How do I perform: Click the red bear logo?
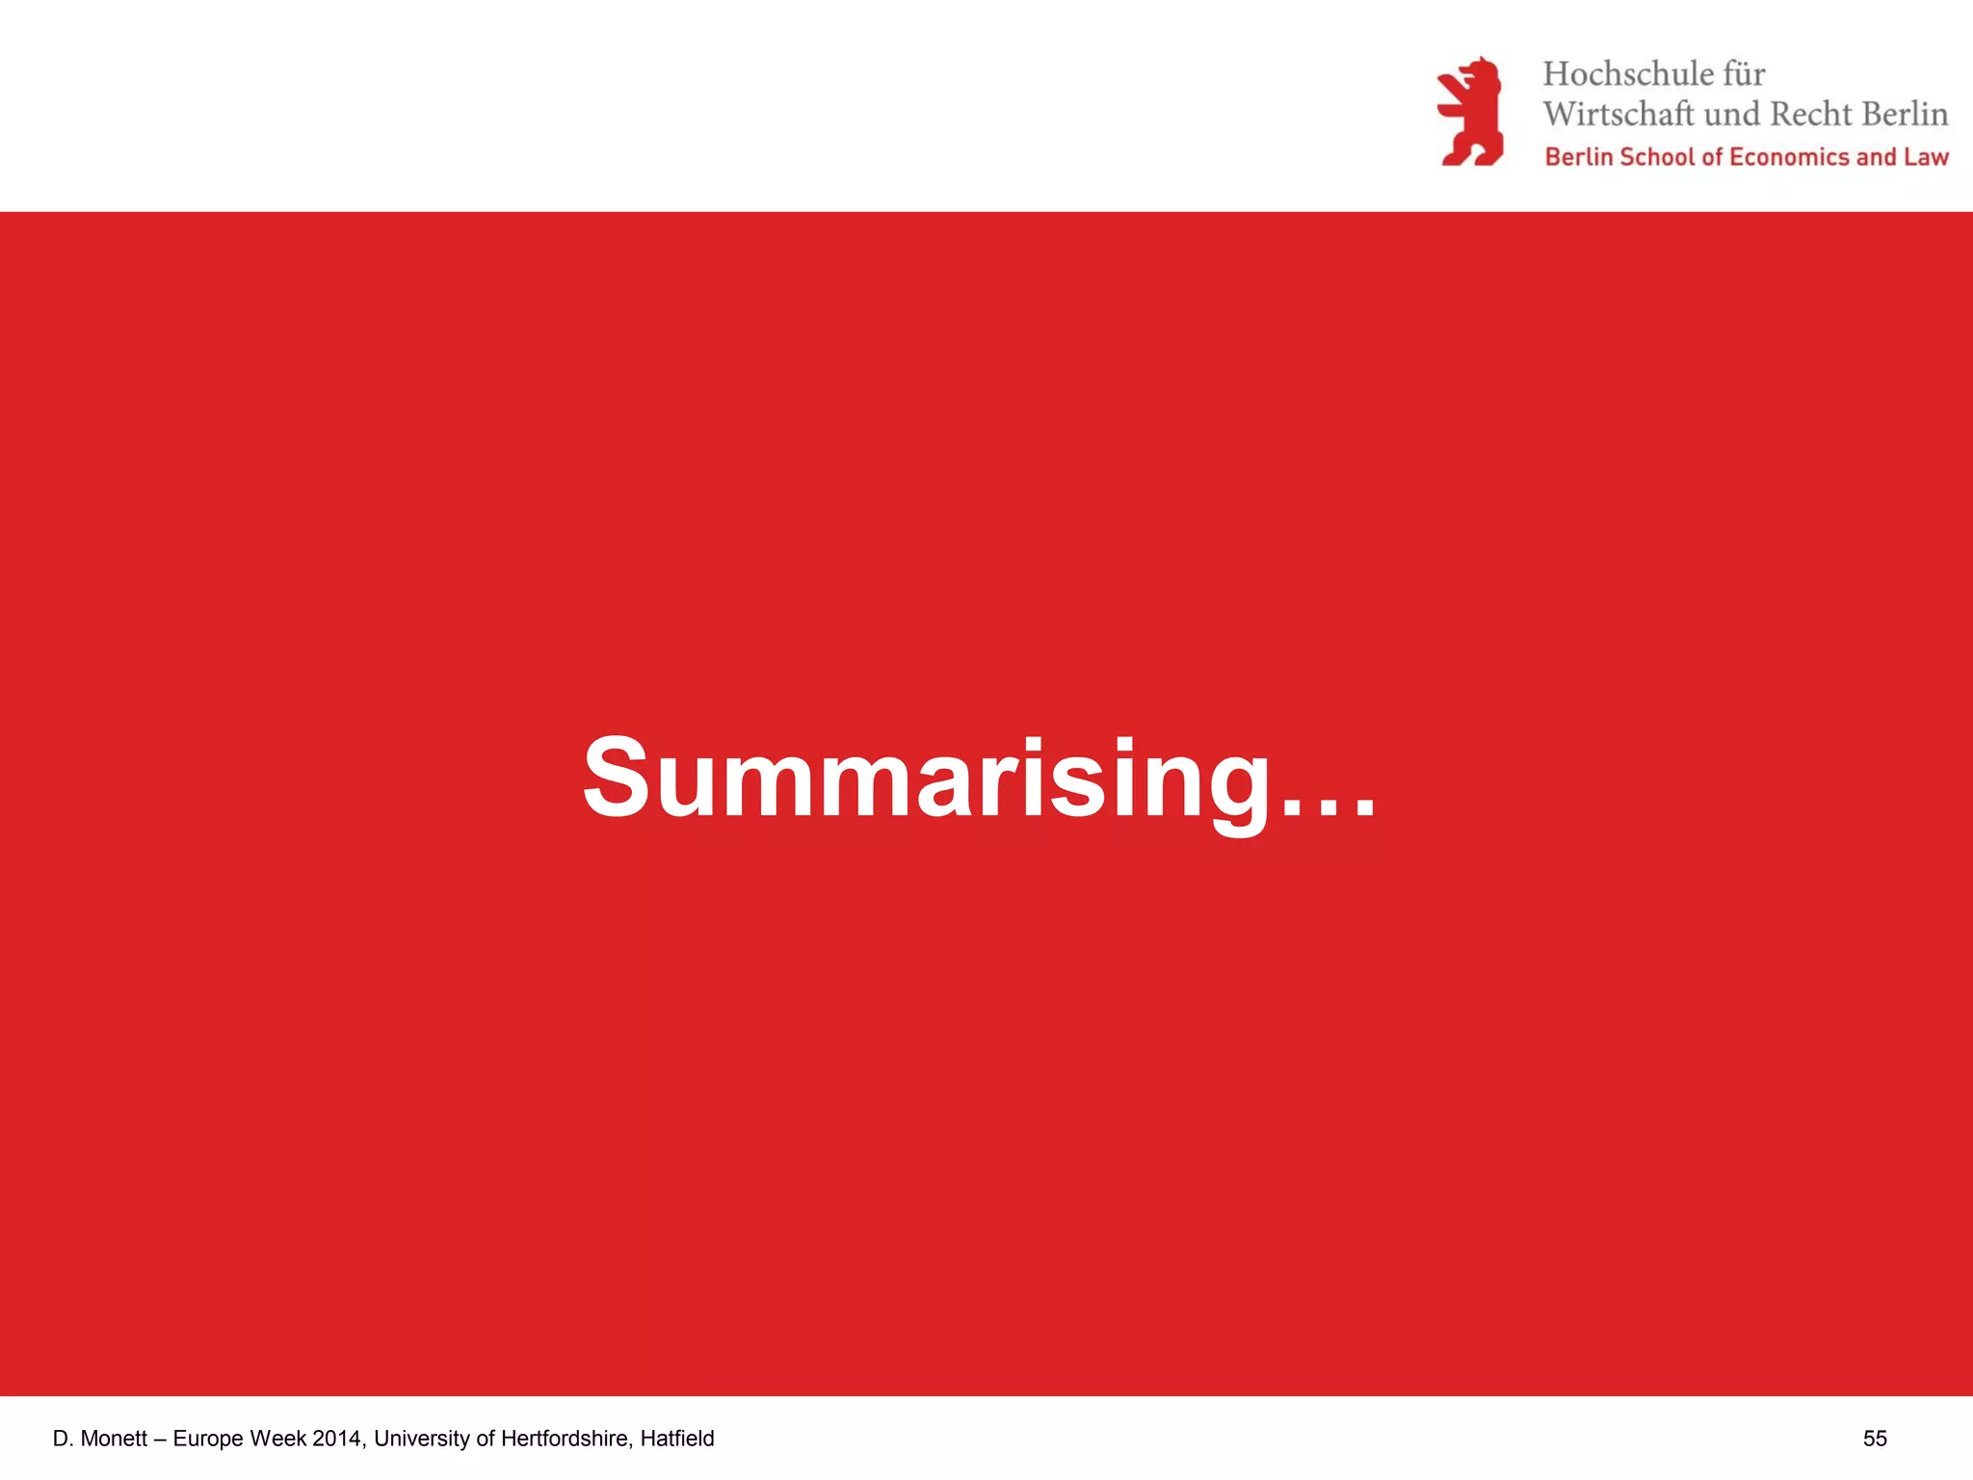pos(1470,112)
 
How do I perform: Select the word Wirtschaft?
pos(1618,115)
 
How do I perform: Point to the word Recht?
pos(1811,115)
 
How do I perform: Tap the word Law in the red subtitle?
pos(1926,157)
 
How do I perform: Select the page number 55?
pos(1875,1439)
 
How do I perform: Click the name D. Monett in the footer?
pos(100,1439)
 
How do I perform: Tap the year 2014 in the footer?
pos(337,1439)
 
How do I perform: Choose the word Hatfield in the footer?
pos(677,1439)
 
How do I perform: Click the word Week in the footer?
pos(278,1439)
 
